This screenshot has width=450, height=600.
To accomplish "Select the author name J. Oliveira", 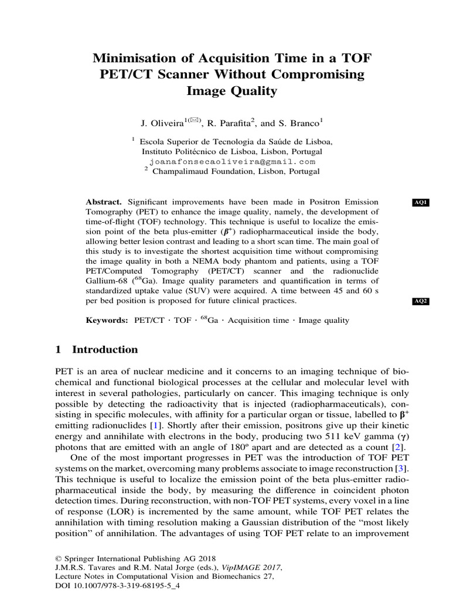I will pyautogui.click(x=162, y=124).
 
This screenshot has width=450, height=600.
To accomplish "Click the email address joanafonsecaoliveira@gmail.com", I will pyautogui.click(x=232, y=161).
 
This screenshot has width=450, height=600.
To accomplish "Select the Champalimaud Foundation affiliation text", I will pyautogui.click(x=236, y=171).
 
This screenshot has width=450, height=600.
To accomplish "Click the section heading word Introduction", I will pyautogui.click(x=105, y=350).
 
